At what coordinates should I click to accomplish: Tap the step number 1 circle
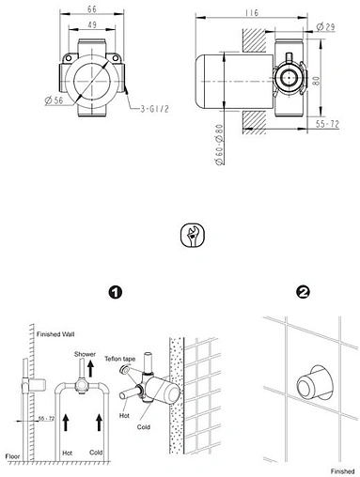pyautogui.click(x=115, y=292)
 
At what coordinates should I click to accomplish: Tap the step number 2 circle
pyautogui.click(x=303, y=292)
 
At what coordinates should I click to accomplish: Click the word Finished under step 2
pyautogui.click(x=343, y=467)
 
